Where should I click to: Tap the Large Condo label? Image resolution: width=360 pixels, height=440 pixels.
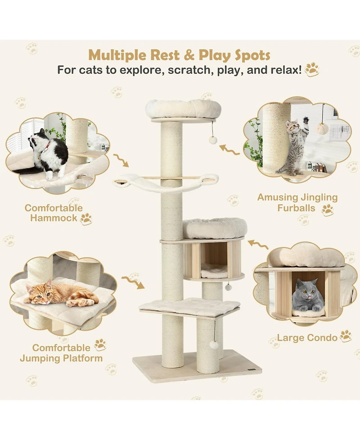(x=307, y=337)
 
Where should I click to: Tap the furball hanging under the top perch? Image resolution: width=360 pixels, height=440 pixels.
(x=213, y=140)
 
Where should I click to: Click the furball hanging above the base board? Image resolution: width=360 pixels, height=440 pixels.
(x=214, y=345)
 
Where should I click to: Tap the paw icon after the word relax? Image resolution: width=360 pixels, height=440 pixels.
(x=311, y=69)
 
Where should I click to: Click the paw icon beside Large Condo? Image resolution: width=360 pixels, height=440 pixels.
(x=346, y=336)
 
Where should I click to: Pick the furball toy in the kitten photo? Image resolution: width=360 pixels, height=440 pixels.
(x=322, y=128)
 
